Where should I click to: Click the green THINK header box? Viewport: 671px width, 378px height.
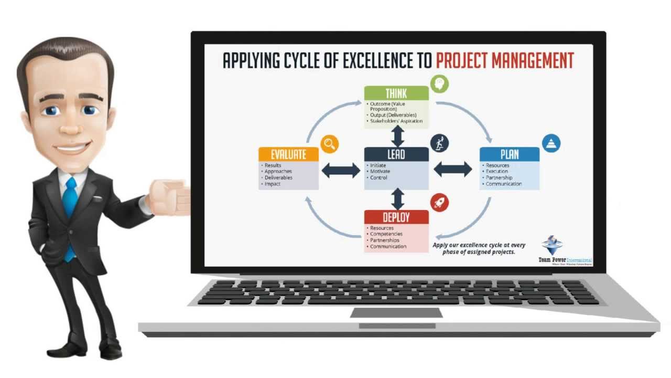[396, 93]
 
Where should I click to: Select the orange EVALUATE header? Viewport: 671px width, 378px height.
[288, 154]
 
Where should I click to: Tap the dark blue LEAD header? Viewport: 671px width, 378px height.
[396, 154]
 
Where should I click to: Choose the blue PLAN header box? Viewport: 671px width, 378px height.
[510, 154]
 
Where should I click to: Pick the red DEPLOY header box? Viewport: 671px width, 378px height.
[396, 217]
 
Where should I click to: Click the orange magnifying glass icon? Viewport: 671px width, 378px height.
[330, 143]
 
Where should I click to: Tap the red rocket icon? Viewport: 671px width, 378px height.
[440, 203]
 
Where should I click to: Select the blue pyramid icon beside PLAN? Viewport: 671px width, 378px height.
[551, 143]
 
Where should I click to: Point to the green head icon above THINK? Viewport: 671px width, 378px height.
[440, 83]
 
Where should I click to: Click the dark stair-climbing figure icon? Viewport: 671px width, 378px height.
[440, 143]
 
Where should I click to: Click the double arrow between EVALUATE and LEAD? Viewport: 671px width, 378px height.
[341, 170]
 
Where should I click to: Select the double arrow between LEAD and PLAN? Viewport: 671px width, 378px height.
[453, 169]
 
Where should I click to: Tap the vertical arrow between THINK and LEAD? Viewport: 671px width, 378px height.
[398, 136]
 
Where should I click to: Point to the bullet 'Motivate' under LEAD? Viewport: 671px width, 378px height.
[380, 172]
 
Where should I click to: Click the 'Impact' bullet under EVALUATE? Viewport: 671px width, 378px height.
[273, 184]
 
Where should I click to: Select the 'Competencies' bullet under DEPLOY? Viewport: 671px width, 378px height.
[386, 234]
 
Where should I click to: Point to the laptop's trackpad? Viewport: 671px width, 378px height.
[396, 313]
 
